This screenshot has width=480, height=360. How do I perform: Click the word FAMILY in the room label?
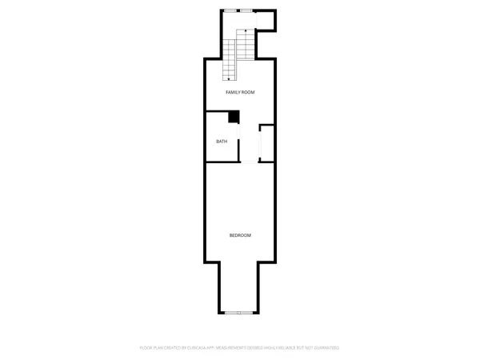point(233,93)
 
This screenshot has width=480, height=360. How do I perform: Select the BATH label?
point(222,142)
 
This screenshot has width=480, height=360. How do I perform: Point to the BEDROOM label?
point(240,235)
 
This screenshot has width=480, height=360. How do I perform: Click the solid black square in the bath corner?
point(234,117)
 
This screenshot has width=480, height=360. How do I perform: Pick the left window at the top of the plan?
point(230,11)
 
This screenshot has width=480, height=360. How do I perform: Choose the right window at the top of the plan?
point(247,11)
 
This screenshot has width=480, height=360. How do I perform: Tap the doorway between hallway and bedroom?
point(250,162)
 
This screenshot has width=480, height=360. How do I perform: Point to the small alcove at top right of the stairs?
point(266,21)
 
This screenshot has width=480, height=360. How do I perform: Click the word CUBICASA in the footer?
point(195,348)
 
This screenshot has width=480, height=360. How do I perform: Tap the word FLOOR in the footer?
point(147,348)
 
